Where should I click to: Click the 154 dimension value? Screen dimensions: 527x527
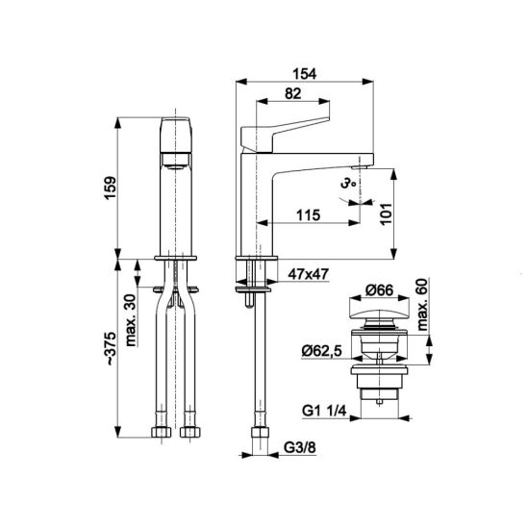coord(305,74)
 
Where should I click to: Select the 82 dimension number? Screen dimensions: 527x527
coord(293,94)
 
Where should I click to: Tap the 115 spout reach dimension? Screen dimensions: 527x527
coord(308,215)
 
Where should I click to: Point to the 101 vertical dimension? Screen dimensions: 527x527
coord(387,214)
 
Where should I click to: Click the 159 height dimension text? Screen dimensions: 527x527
coord(111,188)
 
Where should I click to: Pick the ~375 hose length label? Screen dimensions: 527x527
coord(111,348)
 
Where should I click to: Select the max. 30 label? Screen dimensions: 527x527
coord(131,320)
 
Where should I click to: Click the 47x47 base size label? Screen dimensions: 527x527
coord(308,274)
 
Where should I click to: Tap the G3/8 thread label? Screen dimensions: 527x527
coord(300,447)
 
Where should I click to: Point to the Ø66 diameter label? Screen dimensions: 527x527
coord(380,290)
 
